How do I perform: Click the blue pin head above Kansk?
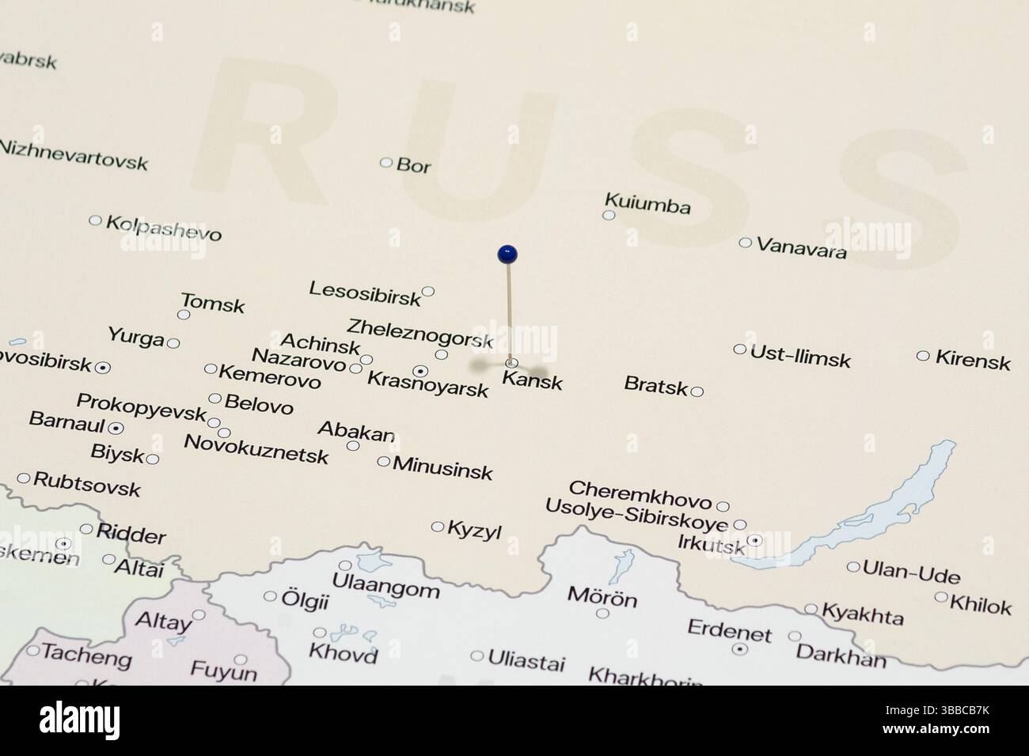click(x=507, y=254)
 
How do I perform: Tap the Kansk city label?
click(x=533, y=382)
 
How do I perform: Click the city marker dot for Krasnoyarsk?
click(x=421, y=370)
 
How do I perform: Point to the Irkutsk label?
click(x=712, y=544)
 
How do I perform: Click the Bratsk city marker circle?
click(x=697, y=391)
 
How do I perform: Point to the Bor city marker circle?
click(x=386, y=162)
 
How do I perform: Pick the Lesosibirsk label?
click(x=365, y=293)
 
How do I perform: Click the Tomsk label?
click(x=213, y=303)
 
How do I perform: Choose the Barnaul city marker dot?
click(x=116, y=428)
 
